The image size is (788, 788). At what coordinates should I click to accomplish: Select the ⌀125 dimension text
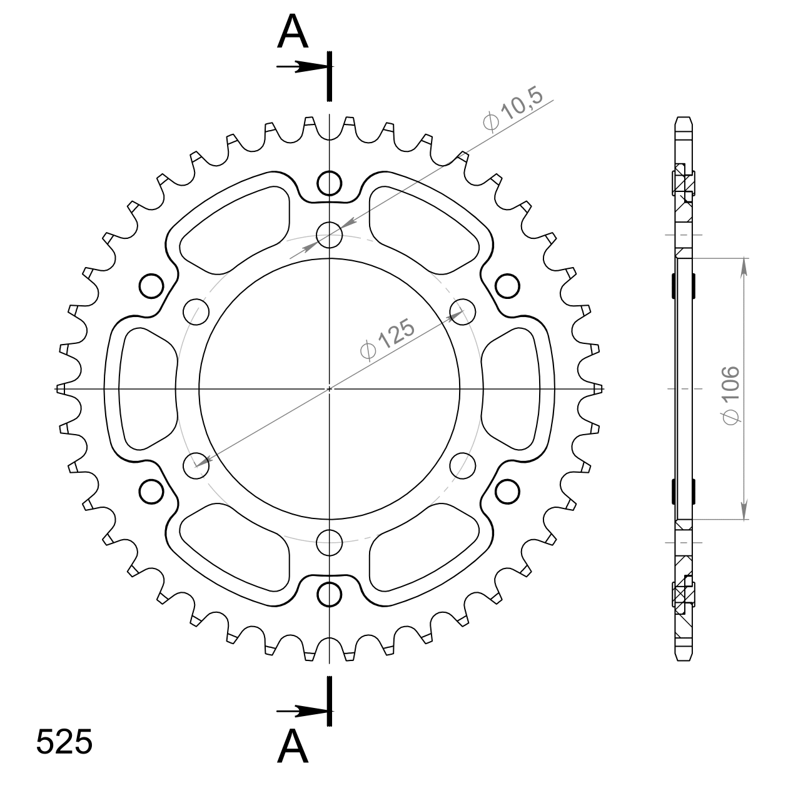(x=387, y=340)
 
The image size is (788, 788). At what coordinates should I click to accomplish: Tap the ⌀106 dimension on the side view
(x=731, y=395)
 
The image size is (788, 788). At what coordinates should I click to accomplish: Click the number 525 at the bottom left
(x=64, y=742)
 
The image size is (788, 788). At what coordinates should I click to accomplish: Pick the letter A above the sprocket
(x=292, y=31)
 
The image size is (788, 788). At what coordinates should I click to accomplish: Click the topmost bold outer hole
(x=329, y=184)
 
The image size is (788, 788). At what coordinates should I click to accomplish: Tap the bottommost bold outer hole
(x=329, y=594)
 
